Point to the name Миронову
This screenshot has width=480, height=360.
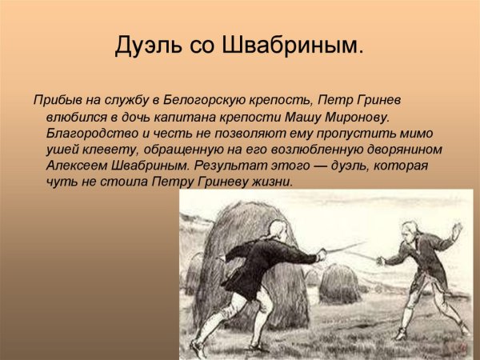359,118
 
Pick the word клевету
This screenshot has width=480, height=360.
115,150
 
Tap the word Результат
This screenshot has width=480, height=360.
229,166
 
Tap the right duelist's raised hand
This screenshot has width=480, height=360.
457,229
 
